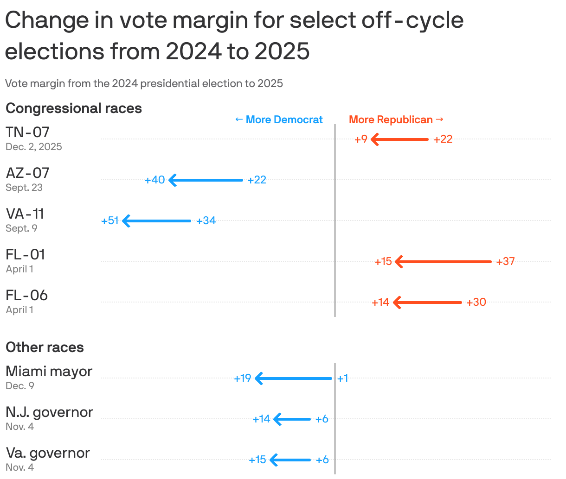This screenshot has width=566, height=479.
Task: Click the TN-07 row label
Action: (x=27, y=132)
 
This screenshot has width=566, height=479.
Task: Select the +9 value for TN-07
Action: (x=361, y=139)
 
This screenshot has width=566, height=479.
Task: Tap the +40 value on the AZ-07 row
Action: (x=154, y=180)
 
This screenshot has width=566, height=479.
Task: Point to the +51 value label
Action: (x=110, y=221)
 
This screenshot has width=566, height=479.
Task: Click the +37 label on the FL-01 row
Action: (x=505, y=262)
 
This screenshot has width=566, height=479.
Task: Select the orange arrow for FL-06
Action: (x=427, y=303)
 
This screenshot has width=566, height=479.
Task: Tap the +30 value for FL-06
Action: (x=476, y=303)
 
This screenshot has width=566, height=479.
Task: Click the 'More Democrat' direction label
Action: (x=279, y=120)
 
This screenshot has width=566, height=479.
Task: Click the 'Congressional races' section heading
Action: (x=74, y=108)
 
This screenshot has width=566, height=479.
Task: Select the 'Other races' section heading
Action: (x=45, y=347)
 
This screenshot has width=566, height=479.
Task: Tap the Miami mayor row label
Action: (x=49, y=372)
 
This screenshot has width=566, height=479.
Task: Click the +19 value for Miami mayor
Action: (x=243, y=378)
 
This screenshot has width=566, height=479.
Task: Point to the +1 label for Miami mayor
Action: (x=343, y=378)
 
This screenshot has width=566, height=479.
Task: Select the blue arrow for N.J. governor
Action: (x=292, y=419)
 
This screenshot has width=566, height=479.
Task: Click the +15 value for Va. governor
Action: (x=257, y=460)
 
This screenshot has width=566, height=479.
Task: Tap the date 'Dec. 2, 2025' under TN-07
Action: (x=34, y=147)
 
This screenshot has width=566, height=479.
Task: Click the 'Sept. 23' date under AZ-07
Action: (x=24, y=188)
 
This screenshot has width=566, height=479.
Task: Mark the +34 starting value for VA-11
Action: (x=206, y=221)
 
